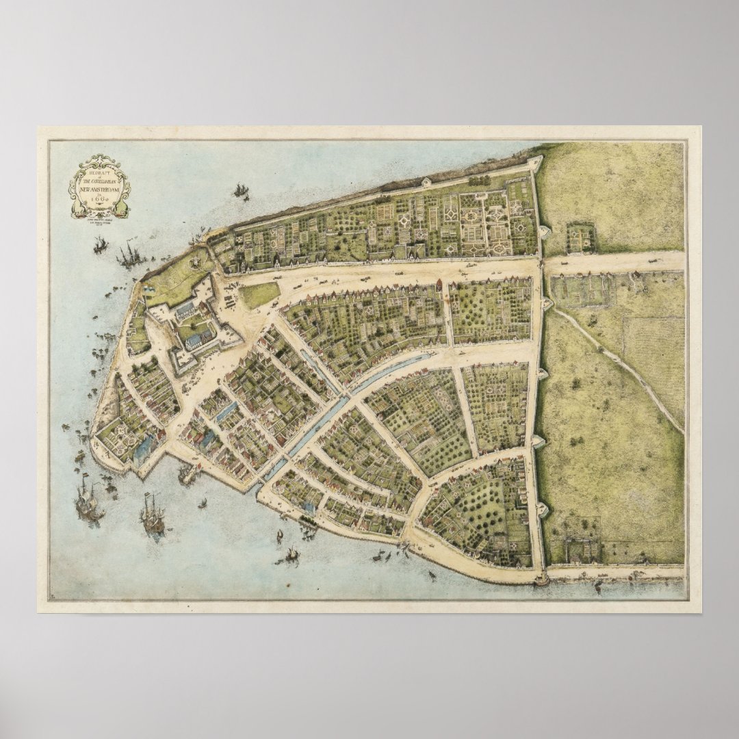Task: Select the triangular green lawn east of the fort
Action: coord(259,295)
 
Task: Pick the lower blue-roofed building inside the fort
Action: coord(199,339)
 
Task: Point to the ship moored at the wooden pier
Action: coord(185,472)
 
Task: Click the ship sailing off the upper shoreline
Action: coord(240,190)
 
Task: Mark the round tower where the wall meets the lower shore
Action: coord(543,581)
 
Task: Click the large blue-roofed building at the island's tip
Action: coord(144,448)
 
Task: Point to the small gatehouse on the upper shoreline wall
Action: coord(426,182)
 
